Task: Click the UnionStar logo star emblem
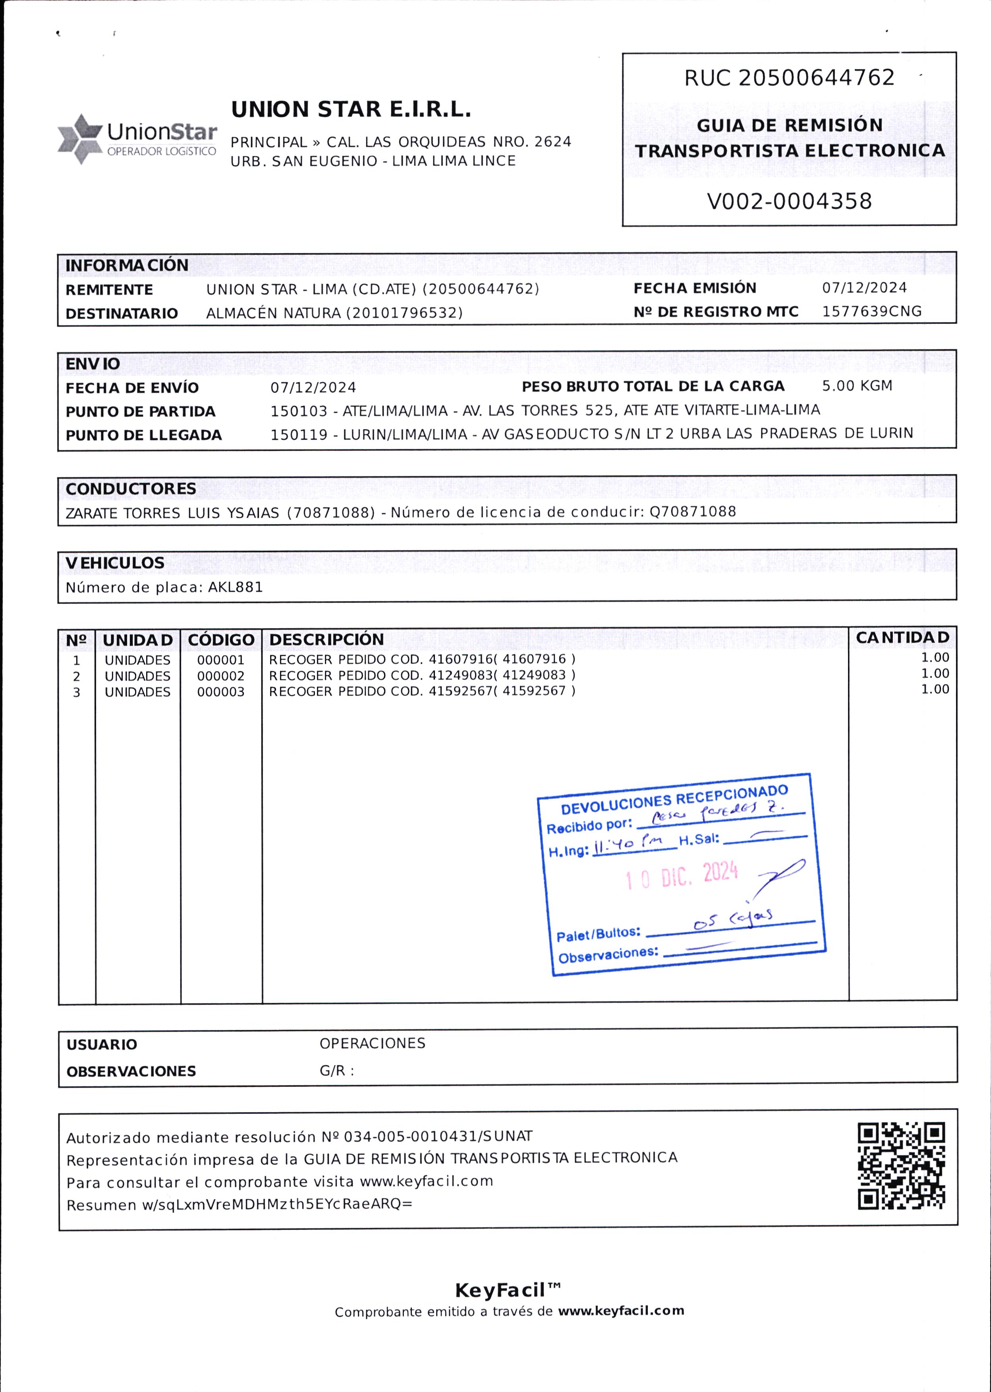(x=79, y=139)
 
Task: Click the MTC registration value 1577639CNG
(x=871, y=312)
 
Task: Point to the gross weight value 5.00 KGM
(x=857, y=386)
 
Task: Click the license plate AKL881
(x=236, y=587)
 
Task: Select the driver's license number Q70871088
(x=693, y=512)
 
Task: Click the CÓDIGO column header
(x=221, y=640)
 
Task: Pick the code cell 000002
(x=220, y=676)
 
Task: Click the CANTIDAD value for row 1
(x=935, y=658)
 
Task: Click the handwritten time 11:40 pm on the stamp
(x=628, y=845)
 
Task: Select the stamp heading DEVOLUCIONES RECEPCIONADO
(x=674, y=800)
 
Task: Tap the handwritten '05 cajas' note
(x=733, y=918)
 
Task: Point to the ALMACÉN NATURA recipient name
(x=275, y=313)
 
